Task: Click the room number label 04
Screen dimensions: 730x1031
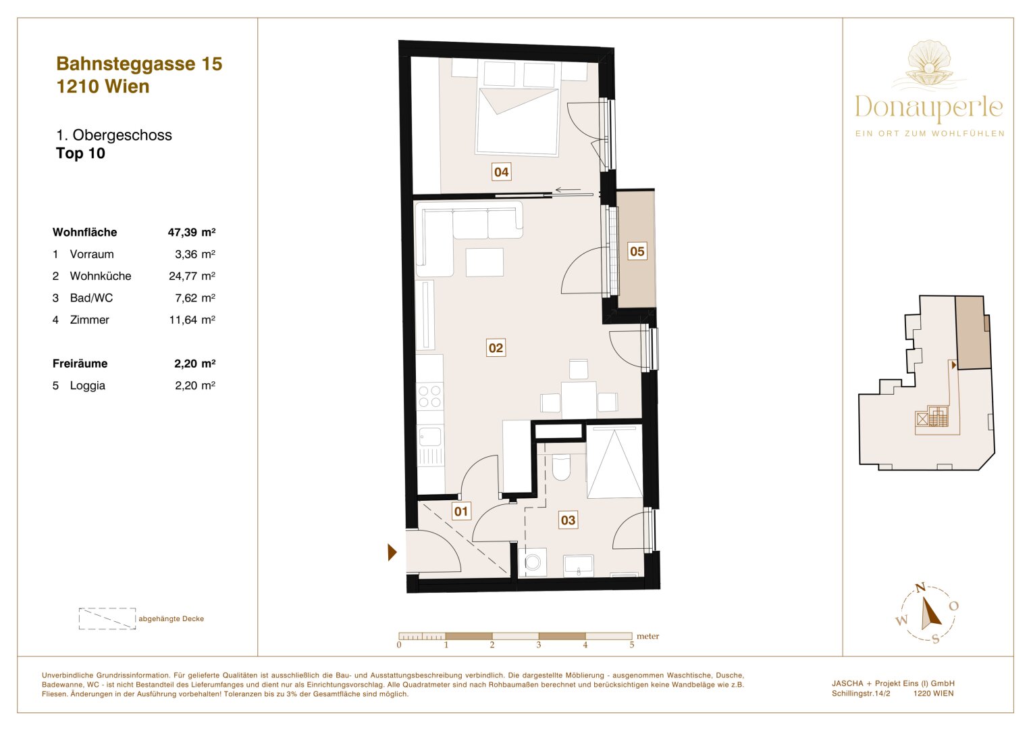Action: tap(501, 172)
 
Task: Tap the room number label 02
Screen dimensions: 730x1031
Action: tap(496, 348)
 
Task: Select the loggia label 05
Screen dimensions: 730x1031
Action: tap(637, 251)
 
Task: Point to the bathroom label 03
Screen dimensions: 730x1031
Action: tap(568, 520)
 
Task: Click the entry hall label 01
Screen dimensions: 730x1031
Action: tap(461, 512)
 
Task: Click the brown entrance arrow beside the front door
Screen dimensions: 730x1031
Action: tap(392, 552)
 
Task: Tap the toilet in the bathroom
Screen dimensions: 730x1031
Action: tap(561, 466)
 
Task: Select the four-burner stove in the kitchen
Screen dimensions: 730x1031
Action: tap(430, 396)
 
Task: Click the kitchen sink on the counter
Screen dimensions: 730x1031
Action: tap(430, 436)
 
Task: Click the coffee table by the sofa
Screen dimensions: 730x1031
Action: tap(484, 262)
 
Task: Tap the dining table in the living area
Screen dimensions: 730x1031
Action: tap(579, 399)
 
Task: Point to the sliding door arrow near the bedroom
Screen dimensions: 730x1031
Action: tap(567, 190)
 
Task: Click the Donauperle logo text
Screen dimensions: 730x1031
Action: tap(929, 107)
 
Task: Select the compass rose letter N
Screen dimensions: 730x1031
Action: tap(920, 588)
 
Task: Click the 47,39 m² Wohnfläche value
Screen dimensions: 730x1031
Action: tap(192, 233)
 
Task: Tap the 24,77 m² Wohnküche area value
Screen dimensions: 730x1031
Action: tap(192, 276)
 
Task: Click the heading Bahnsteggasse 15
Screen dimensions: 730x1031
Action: tap(139, 64)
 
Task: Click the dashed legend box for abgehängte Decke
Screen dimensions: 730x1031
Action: tap(107, 618)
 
